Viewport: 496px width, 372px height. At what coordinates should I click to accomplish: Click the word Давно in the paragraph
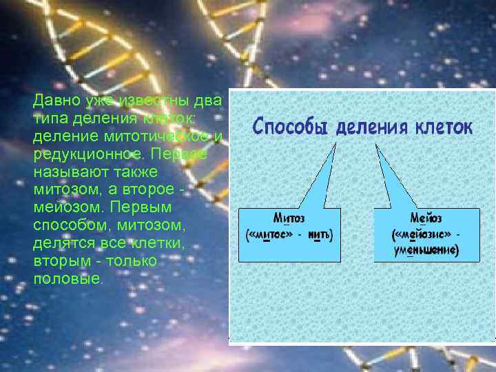pyautogui.click(x=58, y=101)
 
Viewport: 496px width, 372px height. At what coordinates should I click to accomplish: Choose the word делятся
pyautogui.click(x=61, y=243)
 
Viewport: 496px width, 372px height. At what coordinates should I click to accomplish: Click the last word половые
pyautogui.click(x=68, y=279)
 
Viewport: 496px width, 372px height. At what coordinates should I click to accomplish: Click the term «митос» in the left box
pyautogui.click(x=271, y=235)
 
